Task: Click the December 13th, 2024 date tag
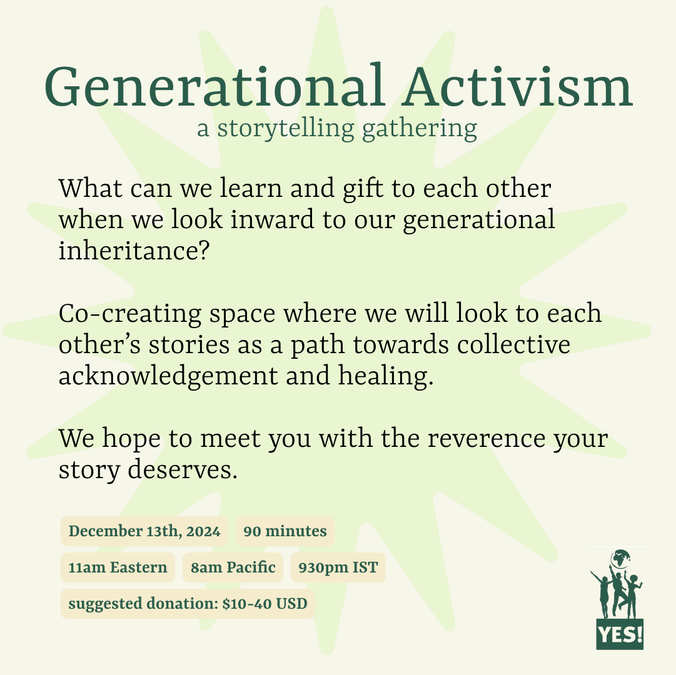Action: click(144, 532)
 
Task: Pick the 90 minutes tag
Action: click(285, 532)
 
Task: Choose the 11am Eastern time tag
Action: click(118, 567)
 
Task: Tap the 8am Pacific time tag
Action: click(233, 567)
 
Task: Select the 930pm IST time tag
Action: click(338, 567)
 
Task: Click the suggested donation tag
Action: click(188, 604)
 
